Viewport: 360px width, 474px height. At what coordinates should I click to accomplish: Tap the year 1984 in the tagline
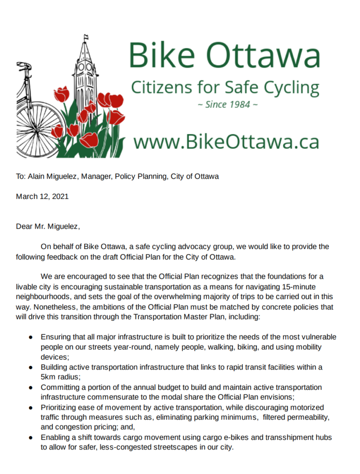[236, 105]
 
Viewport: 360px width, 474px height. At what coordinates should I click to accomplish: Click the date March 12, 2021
[42, 196]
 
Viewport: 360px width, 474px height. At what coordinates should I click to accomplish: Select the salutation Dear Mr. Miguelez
[48, 226]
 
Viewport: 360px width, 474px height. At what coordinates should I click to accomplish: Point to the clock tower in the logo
[85, 69]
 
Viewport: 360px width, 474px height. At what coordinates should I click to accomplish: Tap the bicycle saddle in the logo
[23, 65]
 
